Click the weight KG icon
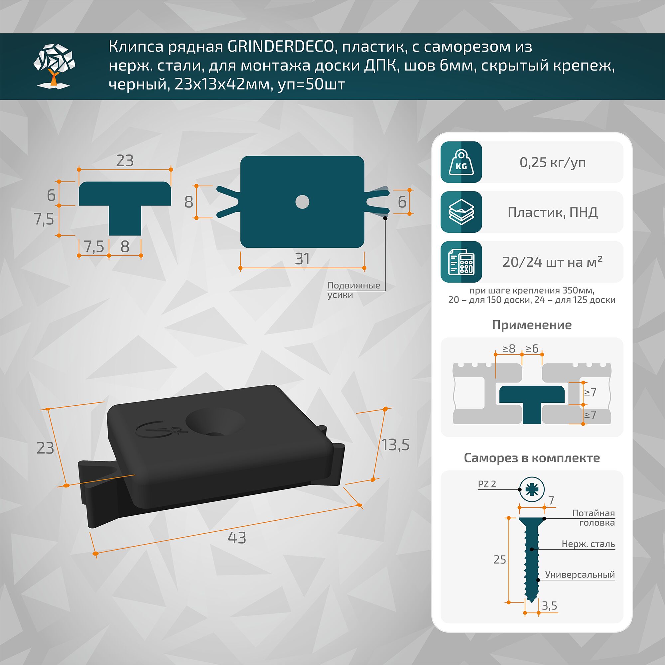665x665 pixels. click(461, 162)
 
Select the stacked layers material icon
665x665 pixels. click(461, 212)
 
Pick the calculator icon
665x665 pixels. click(461, 262)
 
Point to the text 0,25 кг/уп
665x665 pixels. click(552, 163)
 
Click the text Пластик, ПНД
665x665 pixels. click(552, 212)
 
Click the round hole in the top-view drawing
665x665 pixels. click(302, 202)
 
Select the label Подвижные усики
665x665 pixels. click(353, 290)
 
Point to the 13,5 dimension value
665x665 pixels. click(395, 445)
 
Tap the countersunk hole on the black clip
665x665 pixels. click(215, 422)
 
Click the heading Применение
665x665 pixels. click(532, 325)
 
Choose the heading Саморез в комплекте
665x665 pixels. click(532, 458)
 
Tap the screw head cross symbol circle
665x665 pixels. click(532, 489)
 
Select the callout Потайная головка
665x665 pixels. click(594, 518)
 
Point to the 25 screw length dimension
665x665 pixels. click(499, 560)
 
